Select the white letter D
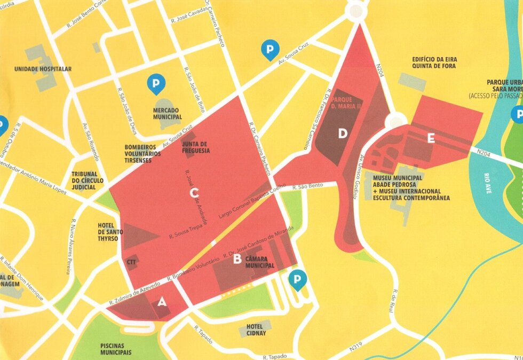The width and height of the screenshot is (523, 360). [343, 134]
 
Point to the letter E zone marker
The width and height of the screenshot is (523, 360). [431, 138]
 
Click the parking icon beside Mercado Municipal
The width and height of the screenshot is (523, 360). [156, 83]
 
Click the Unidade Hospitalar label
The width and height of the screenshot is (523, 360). [43, 69]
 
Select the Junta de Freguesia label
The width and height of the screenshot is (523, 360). [195, 147]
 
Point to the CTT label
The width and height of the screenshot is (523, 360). [132, 262]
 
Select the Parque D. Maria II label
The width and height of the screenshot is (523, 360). [347, 103]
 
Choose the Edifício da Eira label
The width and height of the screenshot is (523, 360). [434, 59]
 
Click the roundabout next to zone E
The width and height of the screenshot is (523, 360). [395, 122]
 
